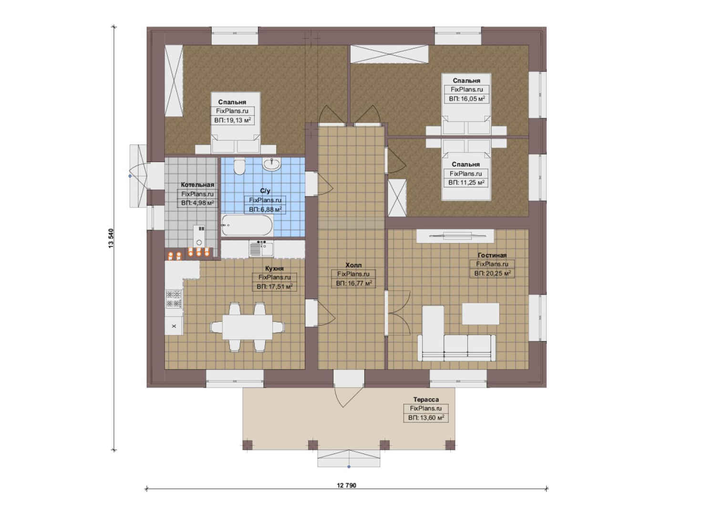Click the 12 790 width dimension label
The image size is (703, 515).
pos(346,485)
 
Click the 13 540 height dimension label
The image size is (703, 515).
pos(111,238)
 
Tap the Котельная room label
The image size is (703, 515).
pos(197,185)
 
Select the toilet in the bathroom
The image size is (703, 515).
pos(239,166)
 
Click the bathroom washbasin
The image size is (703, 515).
pos(271,165)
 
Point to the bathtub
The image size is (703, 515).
pos(248,225)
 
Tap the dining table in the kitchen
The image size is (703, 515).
pos(248,327)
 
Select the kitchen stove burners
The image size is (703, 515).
pos(174,299)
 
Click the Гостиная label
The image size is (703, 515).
pos(492,255)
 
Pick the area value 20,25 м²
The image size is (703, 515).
pos(492,273)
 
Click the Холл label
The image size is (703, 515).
pos(353,265)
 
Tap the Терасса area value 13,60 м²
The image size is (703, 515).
pos(426,418)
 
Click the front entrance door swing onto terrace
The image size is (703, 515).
pos(345,397)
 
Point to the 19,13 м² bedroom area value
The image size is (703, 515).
pos(232,120)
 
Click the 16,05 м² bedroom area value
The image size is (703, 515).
pos(466,99)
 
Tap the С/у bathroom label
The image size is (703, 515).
pos(265,191)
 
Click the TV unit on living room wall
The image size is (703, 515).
pos(455,236)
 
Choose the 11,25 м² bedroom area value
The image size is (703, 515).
pos(466,182)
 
